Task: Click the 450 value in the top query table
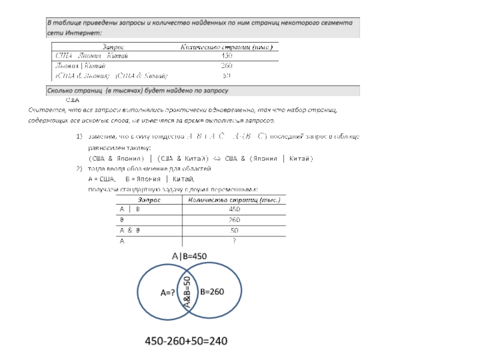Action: [227, 56]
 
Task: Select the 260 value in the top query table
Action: [227, 65]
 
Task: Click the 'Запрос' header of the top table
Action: [113, 46]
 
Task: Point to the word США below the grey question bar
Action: [73, 100]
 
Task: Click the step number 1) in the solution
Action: [79, 137]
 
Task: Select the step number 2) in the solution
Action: [79, 169]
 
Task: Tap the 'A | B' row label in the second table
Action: [130, 209]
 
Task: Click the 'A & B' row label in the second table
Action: [130, 230]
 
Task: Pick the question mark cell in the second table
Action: [235, 241]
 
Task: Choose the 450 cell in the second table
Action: [235, 209]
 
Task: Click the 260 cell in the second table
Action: [235, 220]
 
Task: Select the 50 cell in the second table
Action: [235, 230]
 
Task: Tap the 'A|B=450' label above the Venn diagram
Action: [189, 256]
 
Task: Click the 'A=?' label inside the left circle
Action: [167, 293]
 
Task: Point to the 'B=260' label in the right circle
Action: [212, 292]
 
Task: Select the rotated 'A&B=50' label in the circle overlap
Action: [187, 293]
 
